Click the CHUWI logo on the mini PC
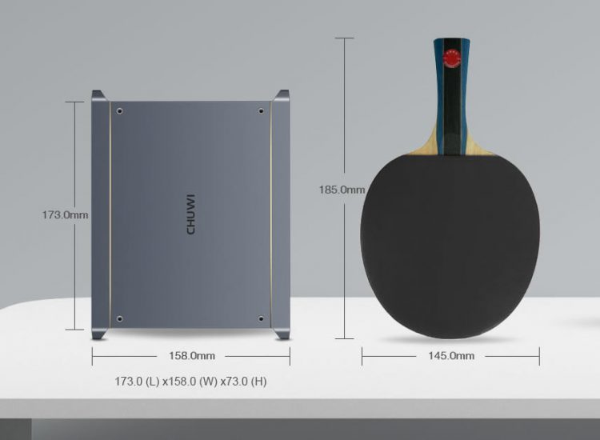[x=190, y=214]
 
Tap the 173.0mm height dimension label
[x=65, y=214]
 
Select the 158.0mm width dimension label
[x=190, y=355]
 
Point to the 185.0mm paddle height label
[x=342, y=190]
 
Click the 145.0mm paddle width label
[x=450, y=355]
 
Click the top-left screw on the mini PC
[x=119, y=110]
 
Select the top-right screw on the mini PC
[x=262, y=110]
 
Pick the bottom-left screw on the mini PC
[x=119, y=318]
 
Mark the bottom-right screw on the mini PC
[x=262, y=318]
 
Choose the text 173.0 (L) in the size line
[x=137, y=382]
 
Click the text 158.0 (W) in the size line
[x=189, y=382]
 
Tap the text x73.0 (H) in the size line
[x=243, y=382]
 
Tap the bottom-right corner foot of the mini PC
[x=282, y=331]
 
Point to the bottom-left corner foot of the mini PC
[x=99, y=331]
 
